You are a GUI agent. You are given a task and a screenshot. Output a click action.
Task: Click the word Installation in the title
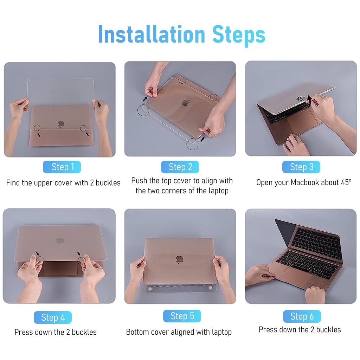point(152,34)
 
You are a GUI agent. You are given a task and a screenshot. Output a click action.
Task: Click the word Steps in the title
point(239,36)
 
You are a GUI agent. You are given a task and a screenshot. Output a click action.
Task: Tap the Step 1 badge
point(62,167)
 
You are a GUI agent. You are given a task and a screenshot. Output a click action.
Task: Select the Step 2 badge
point(180,167)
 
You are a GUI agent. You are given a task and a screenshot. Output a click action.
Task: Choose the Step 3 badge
point(301,167)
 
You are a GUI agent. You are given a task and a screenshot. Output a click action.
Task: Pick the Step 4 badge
point(53,317)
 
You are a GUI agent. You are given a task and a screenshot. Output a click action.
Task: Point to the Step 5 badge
point(182,316)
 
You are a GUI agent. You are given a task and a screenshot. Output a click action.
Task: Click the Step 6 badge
point(302,316)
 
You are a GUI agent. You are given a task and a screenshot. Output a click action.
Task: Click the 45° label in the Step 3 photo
point(301,99)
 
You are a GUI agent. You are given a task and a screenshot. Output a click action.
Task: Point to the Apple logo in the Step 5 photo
point(180,260)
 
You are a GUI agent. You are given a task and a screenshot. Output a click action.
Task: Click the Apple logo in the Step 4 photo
point(60,241)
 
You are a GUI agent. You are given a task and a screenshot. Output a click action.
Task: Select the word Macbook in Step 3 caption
point(305,182)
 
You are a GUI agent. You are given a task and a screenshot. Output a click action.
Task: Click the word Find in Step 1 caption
point(14,182)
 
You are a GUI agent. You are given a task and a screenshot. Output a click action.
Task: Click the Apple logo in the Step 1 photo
point(61,124)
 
